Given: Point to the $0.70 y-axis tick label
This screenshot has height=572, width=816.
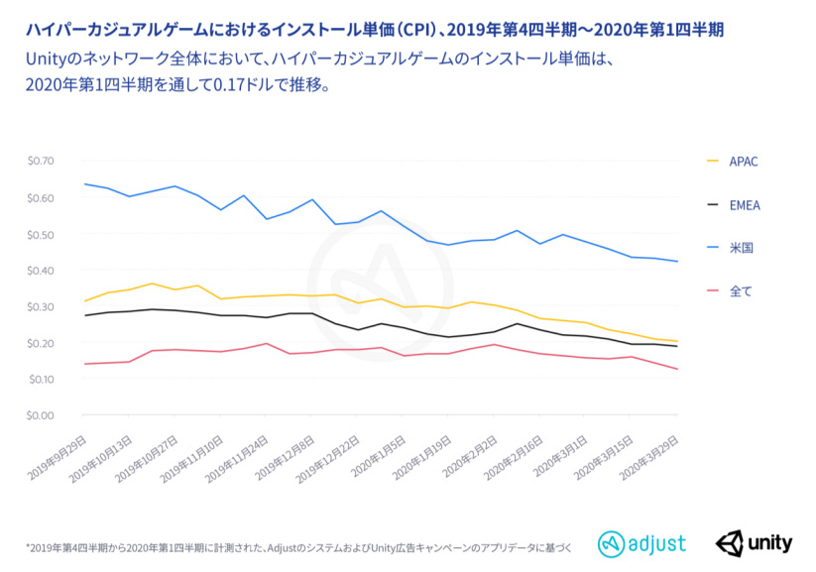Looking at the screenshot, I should click(x=41, y=161).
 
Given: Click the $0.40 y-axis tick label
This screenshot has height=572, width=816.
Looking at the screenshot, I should click(x=41, y=270).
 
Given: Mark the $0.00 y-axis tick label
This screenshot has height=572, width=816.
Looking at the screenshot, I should click(x=41, y=415).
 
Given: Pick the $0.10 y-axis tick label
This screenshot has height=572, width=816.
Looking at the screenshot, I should click(x=41, y=379).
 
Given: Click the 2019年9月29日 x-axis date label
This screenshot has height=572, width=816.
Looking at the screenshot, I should click(x=58, y=453).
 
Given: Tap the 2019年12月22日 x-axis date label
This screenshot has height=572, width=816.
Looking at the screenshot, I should click(x=331, y=453).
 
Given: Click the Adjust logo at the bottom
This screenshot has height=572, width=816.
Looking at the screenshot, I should click(x=641, y=543).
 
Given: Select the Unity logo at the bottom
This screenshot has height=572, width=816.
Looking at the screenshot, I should click(x=755, y=543).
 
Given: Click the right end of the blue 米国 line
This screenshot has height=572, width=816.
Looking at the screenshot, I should click(x=677, y=262).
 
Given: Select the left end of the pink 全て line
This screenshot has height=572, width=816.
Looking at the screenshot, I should click(x=84, y=364).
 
